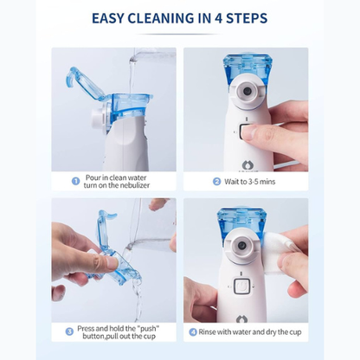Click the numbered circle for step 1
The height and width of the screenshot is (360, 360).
[x=75, y=183]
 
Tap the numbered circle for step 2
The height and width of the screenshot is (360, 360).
[x=216, y=183]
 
